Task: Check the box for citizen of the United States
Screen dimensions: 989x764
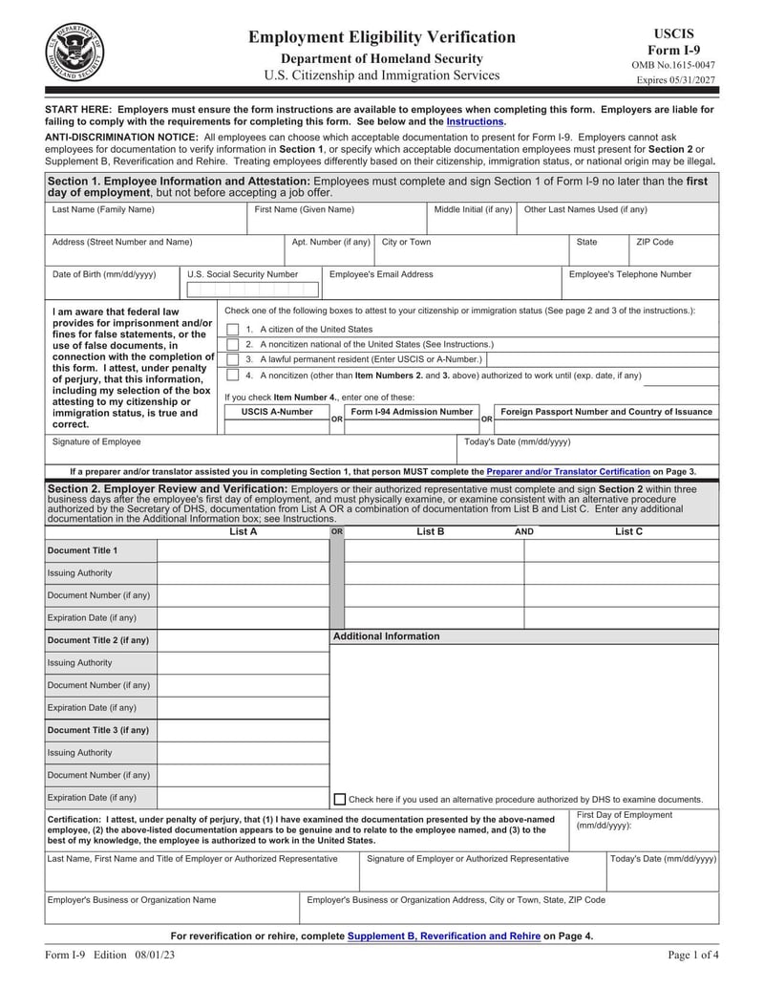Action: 233,329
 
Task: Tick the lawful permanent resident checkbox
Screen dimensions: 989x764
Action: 233,360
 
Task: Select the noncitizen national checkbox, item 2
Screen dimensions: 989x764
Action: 233,344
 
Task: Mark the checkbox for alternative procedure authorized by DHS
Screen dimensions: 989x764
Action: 340,799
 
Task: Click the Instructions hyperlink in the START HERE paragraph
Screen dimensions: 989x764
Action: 475,122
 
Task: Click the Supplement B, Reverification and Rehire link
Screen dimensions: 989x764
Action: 444,936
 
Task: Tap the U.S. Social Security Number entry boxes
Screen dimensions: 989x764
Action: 252,290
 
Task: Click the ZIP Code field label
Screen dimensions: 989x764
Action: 655,243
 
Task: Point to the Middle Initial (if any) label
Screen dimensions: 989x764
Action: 473,209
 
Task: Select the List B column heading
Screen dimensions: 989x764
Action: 430,531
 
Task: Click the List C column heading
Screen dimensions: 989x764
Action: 628,531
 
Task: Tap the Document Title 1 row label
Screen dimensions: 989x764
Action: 82,550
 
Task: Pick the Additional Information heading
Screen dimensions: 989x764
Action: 386,636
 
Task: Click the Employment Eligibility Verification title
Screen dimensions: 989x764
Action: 382,37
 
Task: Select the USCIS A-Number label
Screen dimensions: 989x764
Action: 277,412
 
